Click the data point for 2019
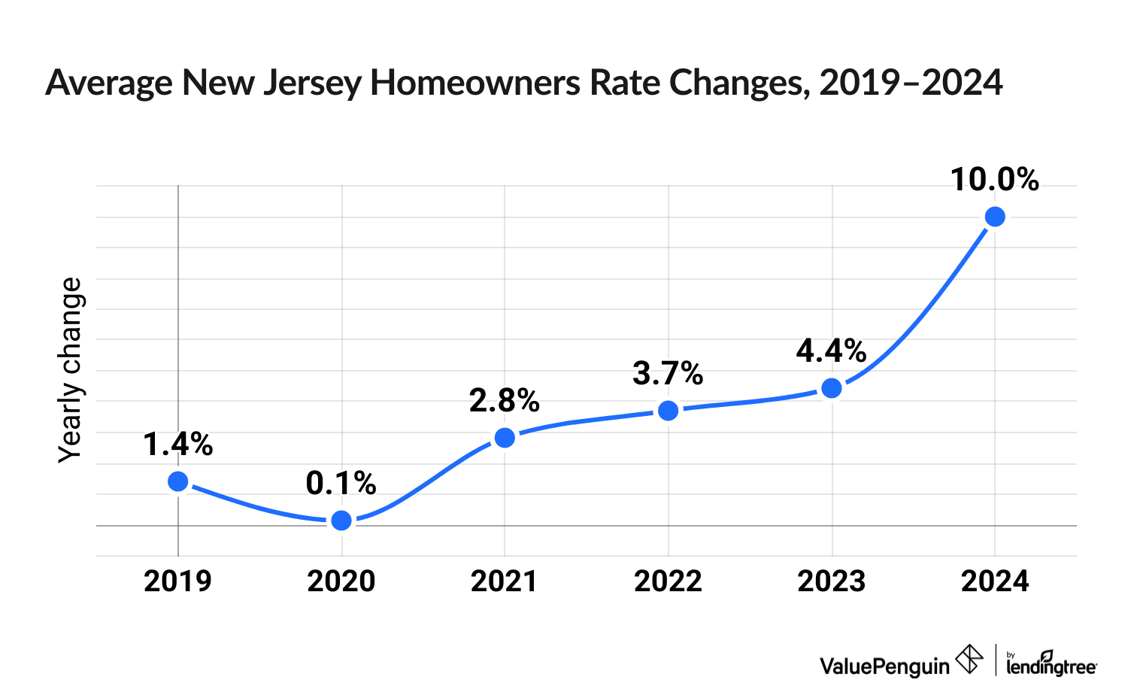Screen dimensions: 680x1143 coord(178,481)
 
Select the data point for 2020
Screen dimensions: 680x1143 coord(341,521)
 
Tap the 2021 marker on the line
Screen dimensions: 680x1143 coord(505,438)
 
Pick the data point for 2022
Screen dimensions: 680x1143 coord(668,411)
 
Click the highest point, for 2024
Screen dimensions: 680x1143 coord(995,217)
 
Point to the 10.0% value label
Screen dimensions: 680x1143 coord(994,181)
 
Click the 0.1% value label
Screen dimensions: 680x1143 coord(341,484)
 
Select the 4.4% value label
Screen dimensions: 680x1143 coord(831,351)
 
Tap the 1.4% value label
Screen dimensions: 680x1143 coord(177,445)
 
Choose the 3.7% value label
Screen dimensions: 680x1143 coord(668,374)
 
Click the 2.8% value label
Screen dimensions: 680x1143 coord(504,401)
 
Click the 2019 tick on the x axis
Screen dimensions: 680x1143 coord(177,581)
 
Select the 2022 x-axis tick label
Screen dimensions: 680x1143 coord(668,581)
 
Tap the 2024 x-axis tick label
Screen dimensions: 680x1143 coord(995,581)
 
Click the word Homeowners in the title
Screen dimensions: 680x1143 coord(476,83)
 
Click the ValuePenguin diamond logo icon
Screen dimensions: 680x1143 coord(969,660)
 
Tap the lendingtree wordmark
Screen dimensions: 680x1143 coord(1051,665)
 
